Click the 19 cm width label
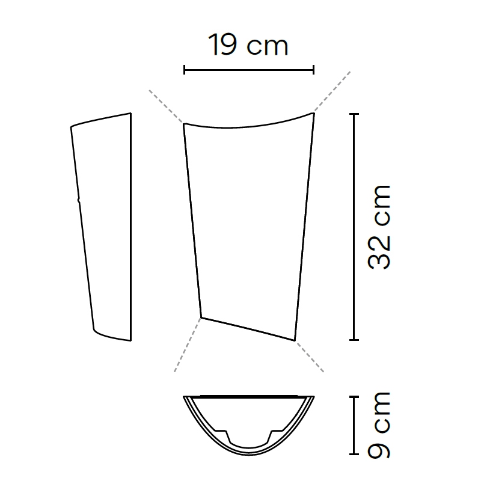click(248, 44)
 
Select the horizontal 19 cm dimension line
click(249, 70)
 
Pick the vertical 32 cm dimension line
click(354, 227)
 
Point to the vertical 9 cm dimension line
click(354, 425)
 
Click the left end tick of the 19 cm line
click(184, 70)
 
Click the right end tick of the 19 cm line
click(313, 70)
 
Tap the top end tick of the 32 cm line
click(354, 114)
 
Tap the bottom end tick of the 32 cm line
click(354, 340)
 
